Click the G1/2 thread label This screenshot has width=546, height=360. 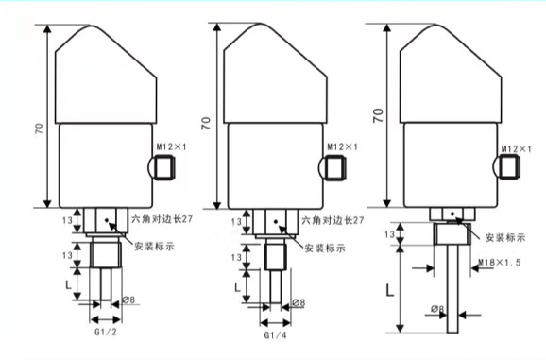pos(106,332)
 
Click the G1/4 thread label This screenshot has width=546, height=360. pos(276,335)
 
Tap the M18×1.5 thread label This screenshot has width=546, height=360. pos(500,262)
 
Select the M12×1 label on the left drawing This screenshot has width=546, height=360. pos(171,146)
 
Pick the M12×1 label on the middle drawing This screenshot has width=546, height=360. pos(342,146)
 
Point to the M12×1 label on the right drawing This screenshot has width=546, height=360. pos(517,148)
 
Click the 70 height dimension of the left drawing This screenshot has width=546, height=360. pos(40,129)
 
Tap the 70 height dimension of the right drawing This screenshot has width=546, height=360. pos(379,115)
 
